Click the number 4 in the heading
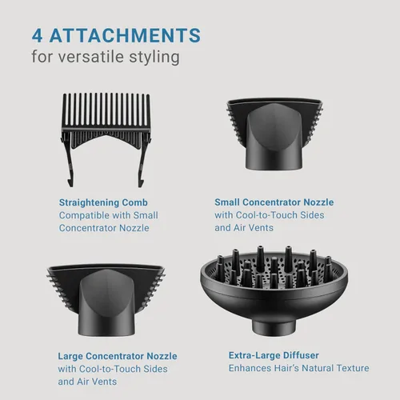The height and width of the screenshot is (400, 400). point(37,35)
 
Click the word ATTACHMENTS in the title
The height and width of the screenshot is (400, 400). point(125,35)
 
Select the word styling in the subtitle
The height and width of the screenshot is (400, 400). point(154,58)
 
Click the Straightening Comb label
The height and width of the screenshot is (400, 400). point(103,202)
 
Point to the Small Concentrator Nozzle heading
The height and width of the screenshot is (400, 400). point(274,202)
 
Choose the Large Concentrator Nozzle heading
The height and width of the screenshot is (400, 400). point(118,356)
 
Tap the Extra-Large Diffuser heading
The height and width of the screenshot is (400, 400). point(274,355)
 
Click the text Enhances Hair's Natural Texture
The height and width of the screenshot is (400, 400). point(299,368)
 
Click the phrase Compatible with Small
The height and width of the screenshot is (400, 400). point(109,215)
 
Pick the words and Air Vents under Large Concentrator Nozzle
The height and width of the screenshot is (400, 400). point(87,382)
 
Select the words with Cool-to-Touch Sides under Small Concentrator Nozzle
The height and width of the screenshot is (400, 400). point(270,215)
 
